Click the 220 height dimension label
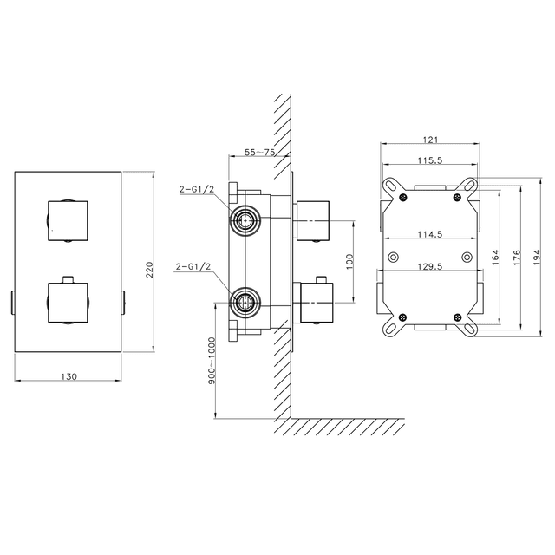149,270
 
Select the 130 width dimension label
69,376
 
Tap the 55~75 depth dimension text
260,153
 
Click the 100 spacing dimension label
349,262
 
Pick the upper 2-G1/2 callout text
197,189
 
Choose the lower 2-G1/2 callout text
193,266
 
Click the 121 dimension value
430,140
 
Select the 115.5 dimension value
430,160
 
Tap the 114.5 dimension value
430,234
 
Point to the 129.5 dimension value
430,266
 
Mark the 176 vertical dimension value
517,258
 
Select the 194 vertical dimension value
537,258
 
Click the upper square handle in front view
68,221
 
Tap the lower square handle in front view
68,303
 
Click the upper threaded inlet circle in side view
245,220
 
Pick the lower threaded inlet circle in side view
245,303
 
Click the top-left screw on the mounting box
402,198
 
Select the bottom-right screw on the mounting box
458,317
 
